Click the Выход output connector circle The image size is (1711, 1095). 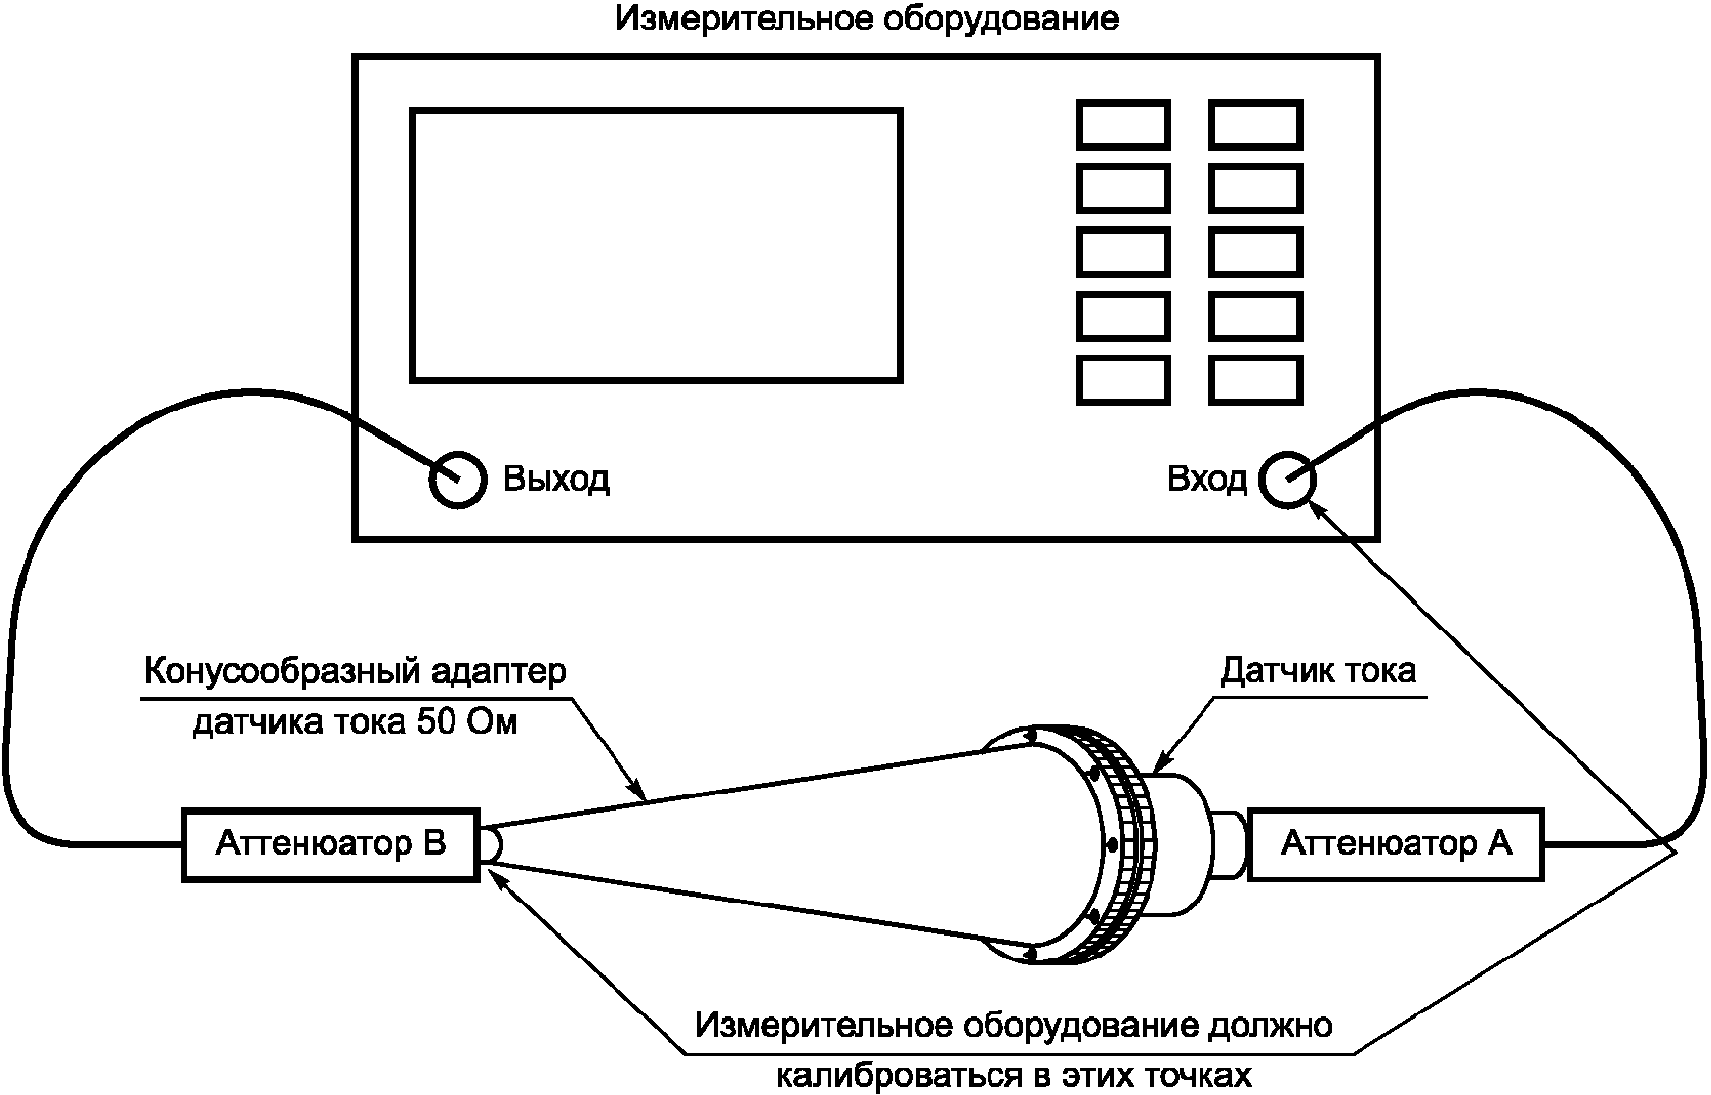(x=457, y=479)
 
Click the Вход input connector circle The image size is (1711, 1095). (x=1287, y=479)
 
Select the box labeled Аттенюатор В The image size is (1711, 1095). (x=331, y=845)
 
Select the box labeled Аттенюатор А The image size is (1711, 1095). (x=1395, y=845)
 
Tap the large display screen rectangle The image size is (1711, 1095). (x=656, y=245)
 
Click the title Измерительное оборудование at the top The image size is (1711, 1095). (x=867, y=20)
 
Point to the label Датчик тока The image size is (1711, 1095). (x=1317, y=671)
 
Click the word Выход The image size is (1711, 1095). (x=556, y=479)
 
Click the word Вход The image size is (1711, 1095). (x=1206, y=479)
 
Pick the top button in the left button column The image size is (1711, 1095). (x=1123, y=125)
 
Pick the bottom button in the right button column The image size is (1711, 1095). (x=1256, y=380)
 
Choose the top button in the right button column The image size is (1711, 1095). (x=1256, y=125)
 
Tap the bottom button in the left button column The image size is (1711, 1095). (x=1123, y=380)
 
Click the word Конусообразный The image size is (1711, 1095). (x=283, y=672)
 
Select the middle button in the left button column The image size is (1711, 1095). (x=1123, y=252)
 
